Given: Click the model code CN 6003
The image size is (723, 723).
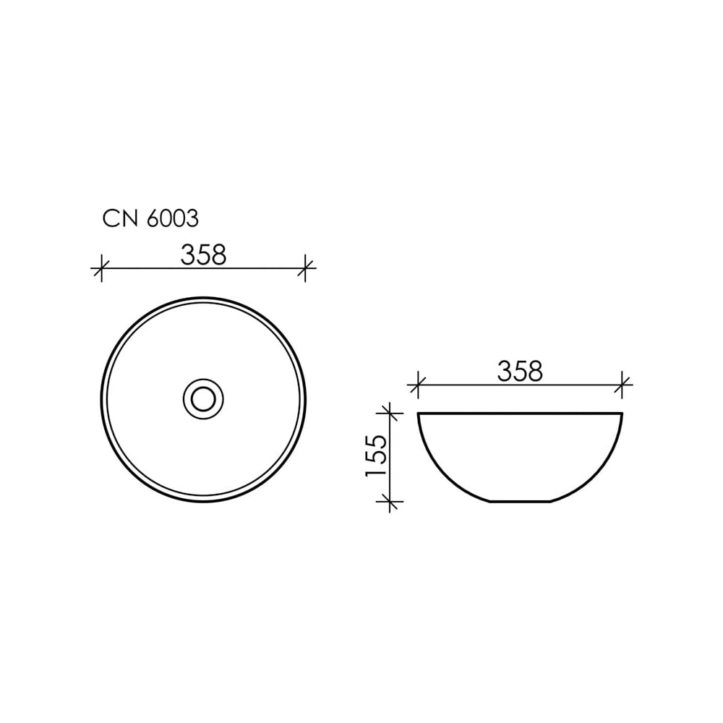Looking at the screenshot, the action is point(150,218).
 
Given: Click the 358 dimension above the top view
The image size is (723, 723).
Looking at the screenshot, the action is point(203,254).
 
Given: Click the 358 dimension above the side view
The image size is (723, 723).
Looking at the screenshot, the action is point(520,371).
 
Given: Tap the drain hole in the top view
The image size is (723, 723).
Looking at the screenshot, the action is point(203,399).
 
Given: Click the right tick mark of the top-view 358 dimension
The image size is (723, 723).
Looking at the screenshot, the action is point(305,268).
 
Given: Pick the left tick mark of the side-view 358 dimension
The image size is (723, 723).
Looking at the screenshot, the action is point(418,384).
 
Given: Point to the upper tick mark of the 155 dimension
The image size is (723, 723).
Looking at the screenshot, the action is point(390,413).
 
